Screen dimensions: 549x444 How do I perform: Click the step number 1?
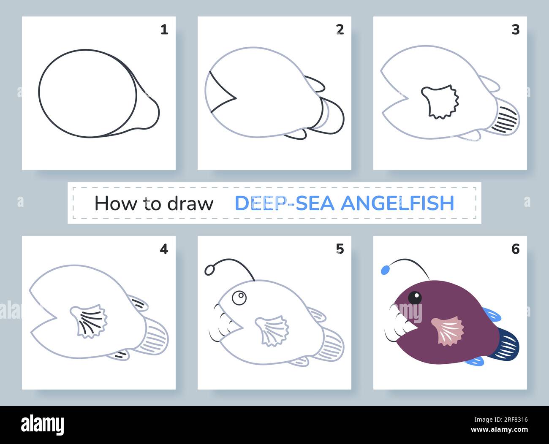click(x=164, y=30)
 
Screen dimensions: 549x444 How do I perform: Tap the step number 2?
click(x=340, y=30)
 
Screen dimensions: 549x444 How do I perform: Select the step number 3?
click(x=516, y=30)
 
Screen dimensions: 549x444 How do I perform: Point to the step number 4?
click(x=164, y=249)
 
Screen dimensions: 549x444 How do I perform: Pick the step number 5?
click(x=340, y=249)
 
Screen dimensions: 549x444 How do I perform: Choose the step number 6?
click(x=516, y=249)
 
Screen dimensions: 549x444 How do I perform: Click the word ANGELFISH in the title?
click(x=397, y=203)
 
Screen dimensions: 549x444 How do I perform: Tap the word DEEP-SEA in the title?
click(x=285, y=203)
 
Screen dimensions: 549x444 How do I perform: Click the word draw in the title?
click(x=190, y=203)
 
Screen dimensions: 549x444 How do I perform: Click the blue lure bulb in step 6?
click(x=385, y=270)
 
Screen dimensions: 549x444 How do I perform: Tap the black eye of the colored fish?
click(x=415, y=298)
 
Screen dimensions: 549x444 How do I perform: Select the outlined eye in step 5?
click(x=239, y=298)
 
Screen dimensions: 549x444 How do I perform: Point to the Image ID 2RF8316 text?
click(x=501, y=420)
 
